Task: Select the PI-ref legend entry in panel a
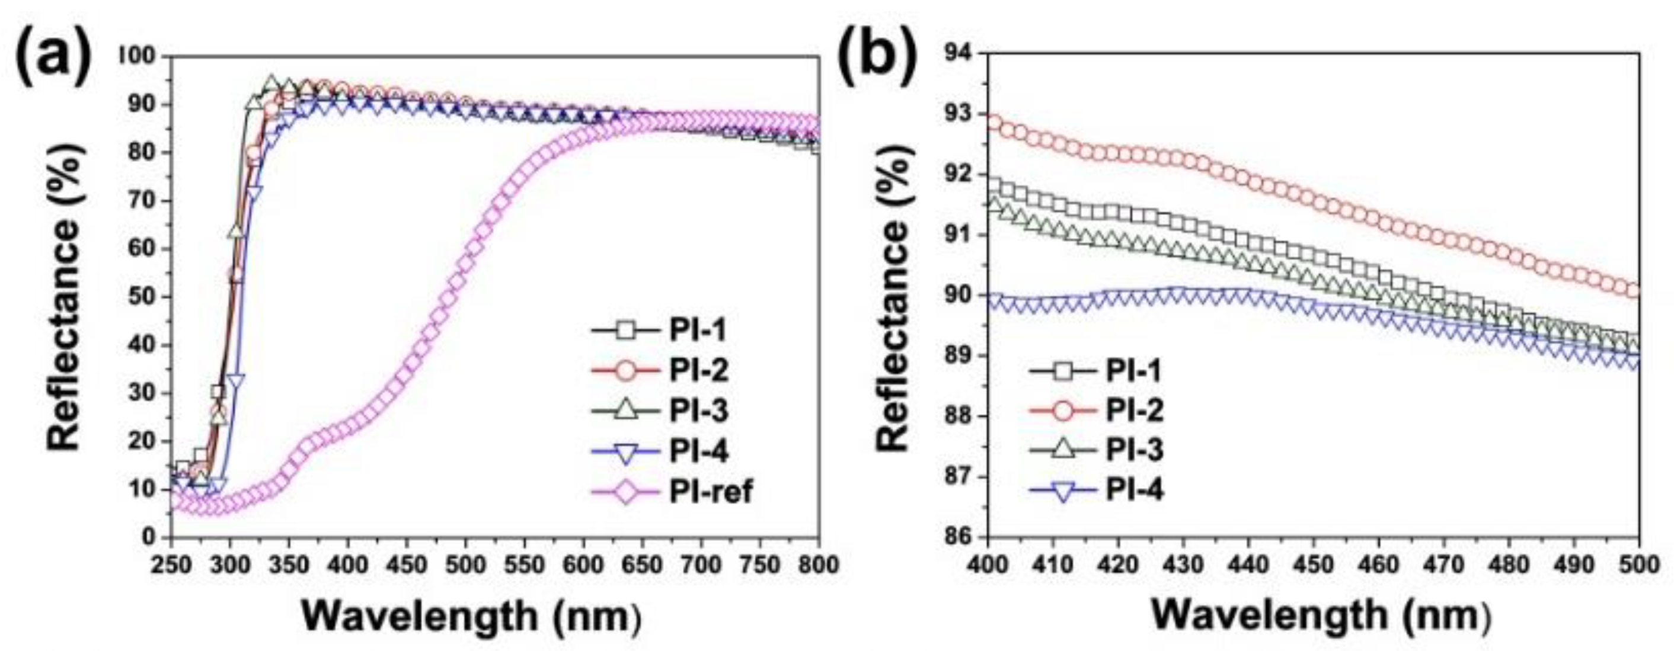710,492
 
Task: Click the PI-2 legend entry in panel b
1135,411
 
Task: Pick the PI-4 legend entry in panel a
698,451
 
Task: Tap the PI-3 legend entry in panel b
1135,450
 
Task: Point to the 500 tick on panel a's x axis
465,565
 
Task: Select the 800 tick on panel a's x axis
816,565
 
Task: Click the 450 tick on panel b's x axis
1314,565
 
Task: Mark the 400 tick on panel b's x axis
988,565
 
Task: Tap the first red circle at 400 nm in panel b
993,121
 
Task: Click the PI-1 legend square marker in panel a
625,331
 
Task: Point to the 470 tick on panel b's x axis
1444,565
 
